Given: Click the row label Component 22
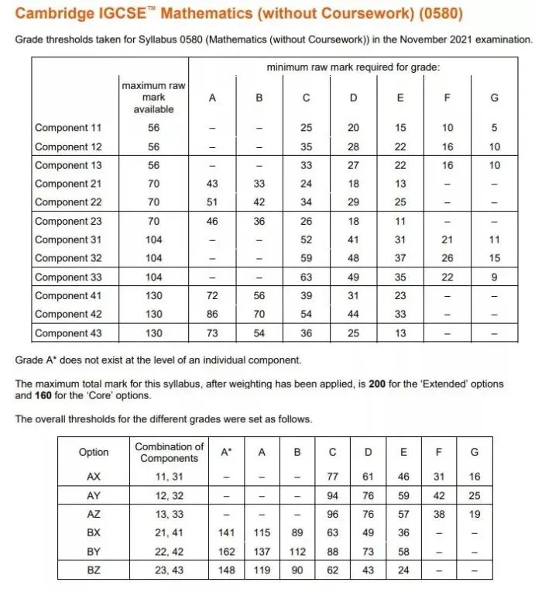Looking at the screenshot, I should [68, 202].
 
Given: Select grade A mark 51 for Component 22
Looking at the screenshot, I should [212, 202].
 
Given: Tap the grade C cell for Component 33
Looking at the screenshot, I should [306, 277].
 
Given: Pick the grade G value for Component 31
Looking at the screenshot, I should [495, 239].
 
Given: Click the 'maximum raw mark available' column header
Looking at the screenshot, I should [153, 98].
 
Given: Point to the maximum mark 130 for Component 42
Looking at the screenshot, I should [153, 314].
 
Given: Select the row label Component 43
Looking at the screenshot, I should [68, 333].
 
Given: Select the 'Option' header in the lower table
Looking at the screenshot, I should [94, 452].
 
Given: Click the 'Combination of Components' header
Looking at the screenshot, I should [169, 452].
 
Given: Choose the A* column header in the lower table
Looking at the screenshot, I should [225, 452].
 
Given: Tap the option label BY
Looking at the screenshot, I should [94, 551].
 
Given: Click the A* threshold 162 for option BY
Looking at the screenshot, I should [225, 551].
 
